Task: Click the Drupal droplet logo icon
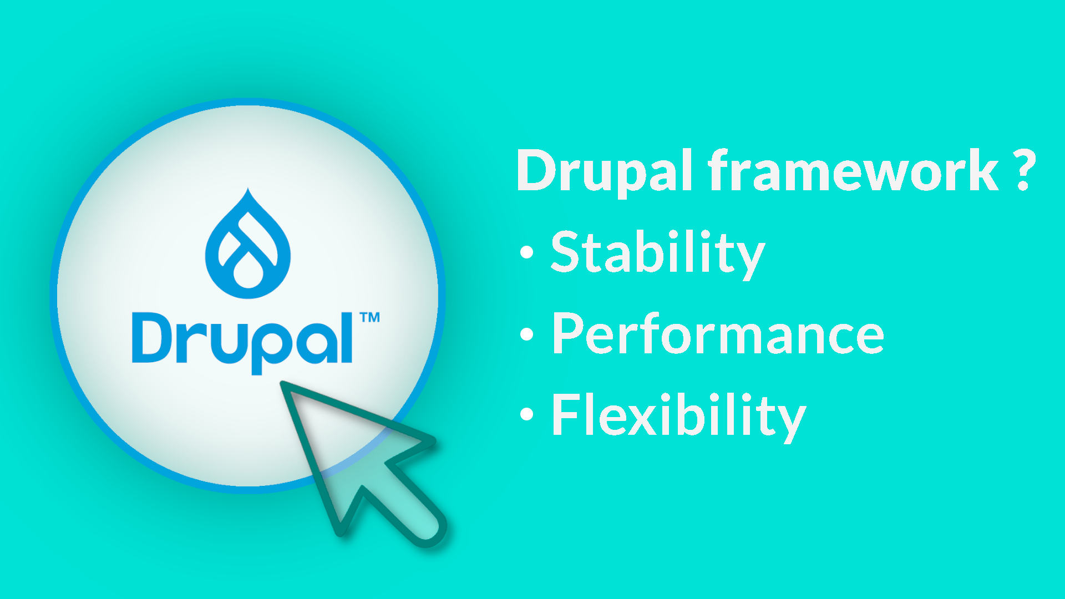pos(248,244)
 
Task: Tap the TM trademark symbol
pos(370,317)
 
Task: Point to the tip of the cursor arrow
pos(282,382)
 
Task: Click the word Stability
pos(658,253)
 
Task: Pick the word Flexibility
pos(679,416)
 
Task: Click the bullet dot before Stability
pos(527,252)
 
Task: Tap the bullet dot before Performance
pos(527,334)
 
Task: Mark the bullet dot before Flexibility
pos(527,414)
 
